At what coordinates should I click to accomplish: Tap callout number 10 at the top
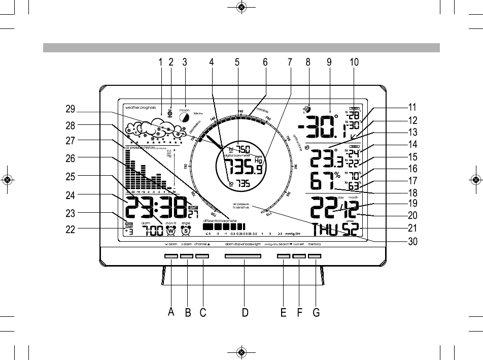354,62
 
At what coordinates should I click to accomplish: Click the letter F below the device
299,313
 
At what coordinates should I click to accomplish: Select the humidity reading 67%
325,181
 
